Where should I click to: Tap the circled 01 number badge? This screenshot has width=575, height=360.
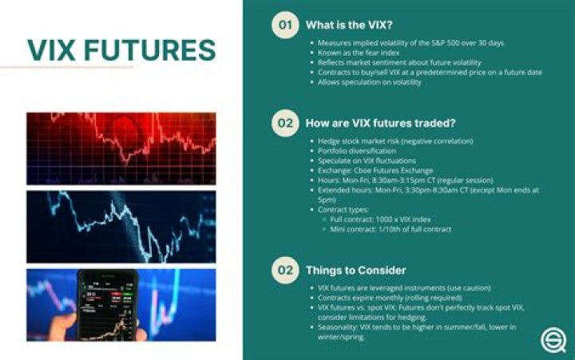coord(283,25)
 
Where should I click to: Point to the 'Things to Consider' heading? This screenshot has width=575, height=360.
coord(355,270)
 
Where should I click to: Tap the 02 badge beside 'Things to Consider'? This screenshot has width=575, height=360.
coord(283,270)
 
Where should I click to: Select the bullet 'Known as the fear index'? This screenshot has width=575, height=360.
coord(360,51)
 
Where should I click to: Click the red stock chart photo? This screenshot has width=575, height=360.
coord(121,147)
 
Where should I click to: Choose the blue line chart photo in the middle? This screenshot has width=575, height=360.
coord(121,227)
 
